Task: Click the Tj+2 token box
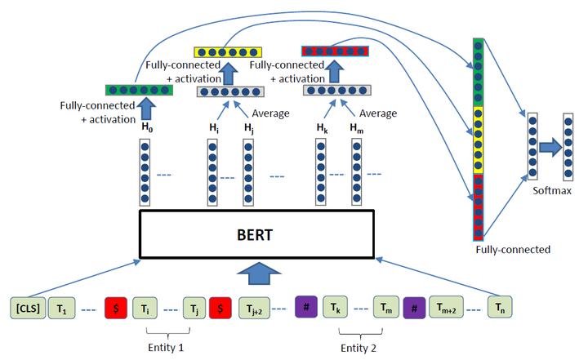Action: pyautogui.click(x=253, y=308)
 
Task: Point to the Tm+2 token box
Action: pyautogui.click(x=445, y=308)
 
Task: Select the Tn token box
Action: pyautogui.click(x=501, y=308)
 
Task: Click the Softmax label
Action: pyautogui.click(x=552, y=192)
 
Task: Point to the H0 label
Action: pyautogui.click(x=146, y=128)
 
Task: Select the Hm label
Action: pyautogui.click(x=357, y=128)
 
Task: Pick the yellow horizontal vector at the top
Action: pyautogui.click(x=225, y=51)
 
